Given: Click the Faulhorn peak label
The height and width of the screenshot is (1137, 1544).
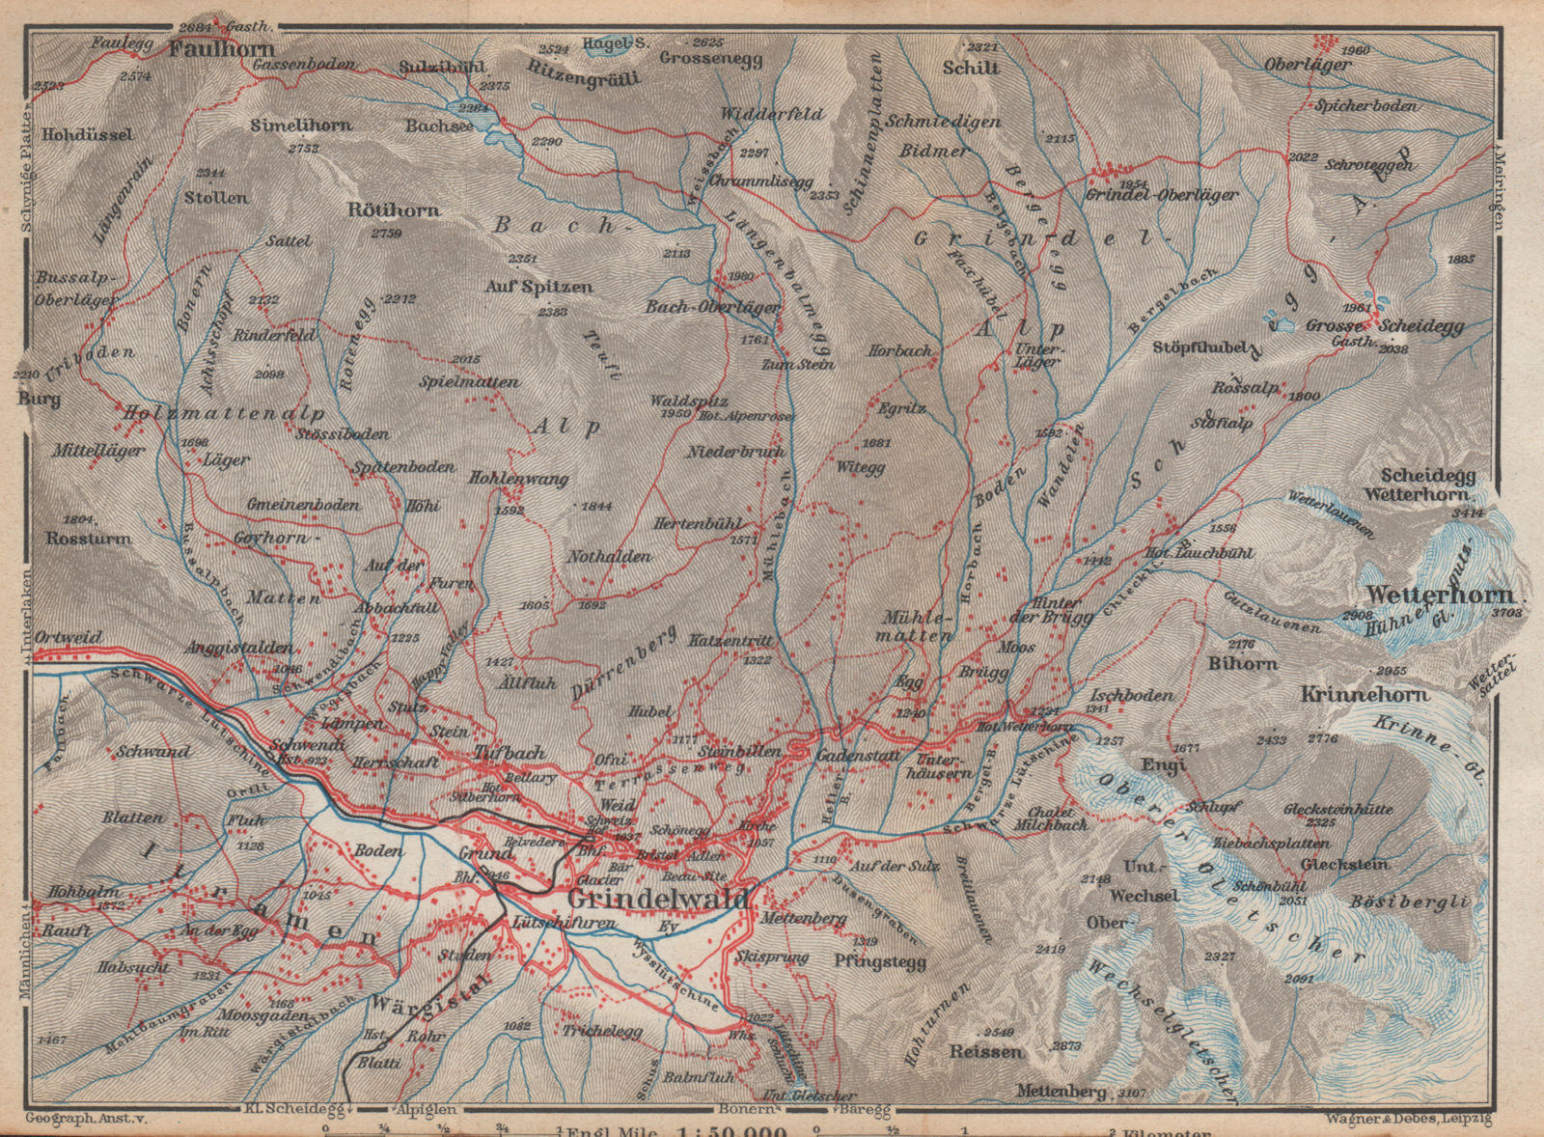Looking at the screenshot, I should pos(222,49).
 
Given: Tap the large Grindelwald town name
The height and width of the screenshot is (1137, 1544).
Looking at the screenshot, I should pos(658,899).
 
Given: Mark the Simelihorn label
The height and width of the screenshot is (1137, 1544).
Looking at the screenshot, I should pos(301,125).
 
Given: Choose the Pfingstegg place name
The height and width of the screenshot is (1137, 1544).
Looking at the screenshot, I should pos(880,962).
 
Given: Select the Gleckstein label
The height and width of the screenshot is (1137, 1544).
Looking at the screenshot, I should pos(1344,865).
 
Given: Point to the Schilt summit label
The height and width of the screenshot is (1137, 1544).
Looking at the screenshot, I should pos(971,68).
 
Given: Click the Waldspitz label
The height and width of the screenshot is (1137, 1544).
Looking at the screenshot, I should pos(688,401).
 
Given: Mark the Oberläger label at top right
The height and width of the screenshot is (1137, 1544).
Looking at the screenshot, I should pos(1308,66).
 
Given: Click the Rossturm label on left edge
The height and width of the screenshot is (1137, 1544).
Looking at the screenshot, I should pos(88,539).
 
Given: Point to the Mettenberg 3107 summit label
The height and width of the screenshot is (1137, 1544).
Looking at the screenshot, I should pos(1061,1092).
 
